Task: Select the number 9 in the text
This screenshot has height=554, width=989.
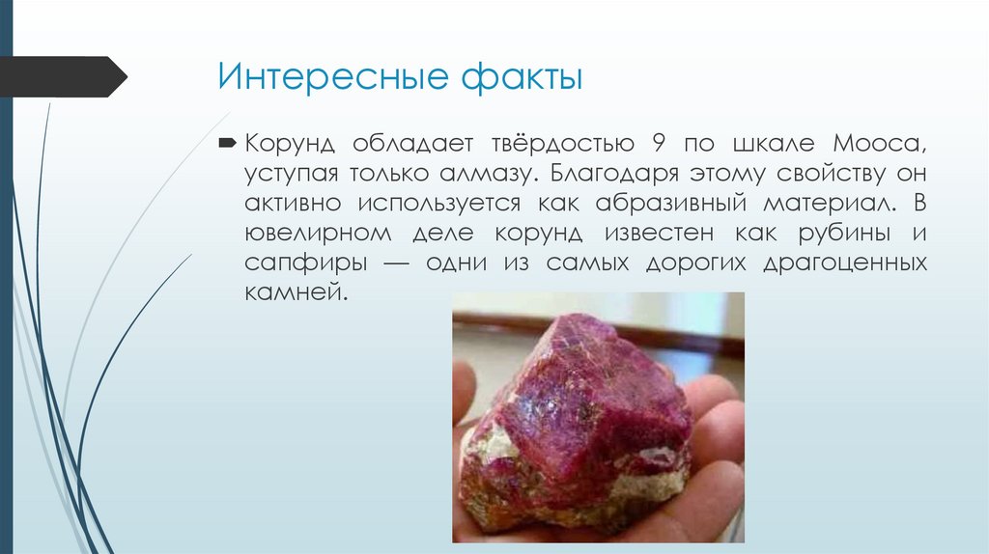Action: tap(658, 145)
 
